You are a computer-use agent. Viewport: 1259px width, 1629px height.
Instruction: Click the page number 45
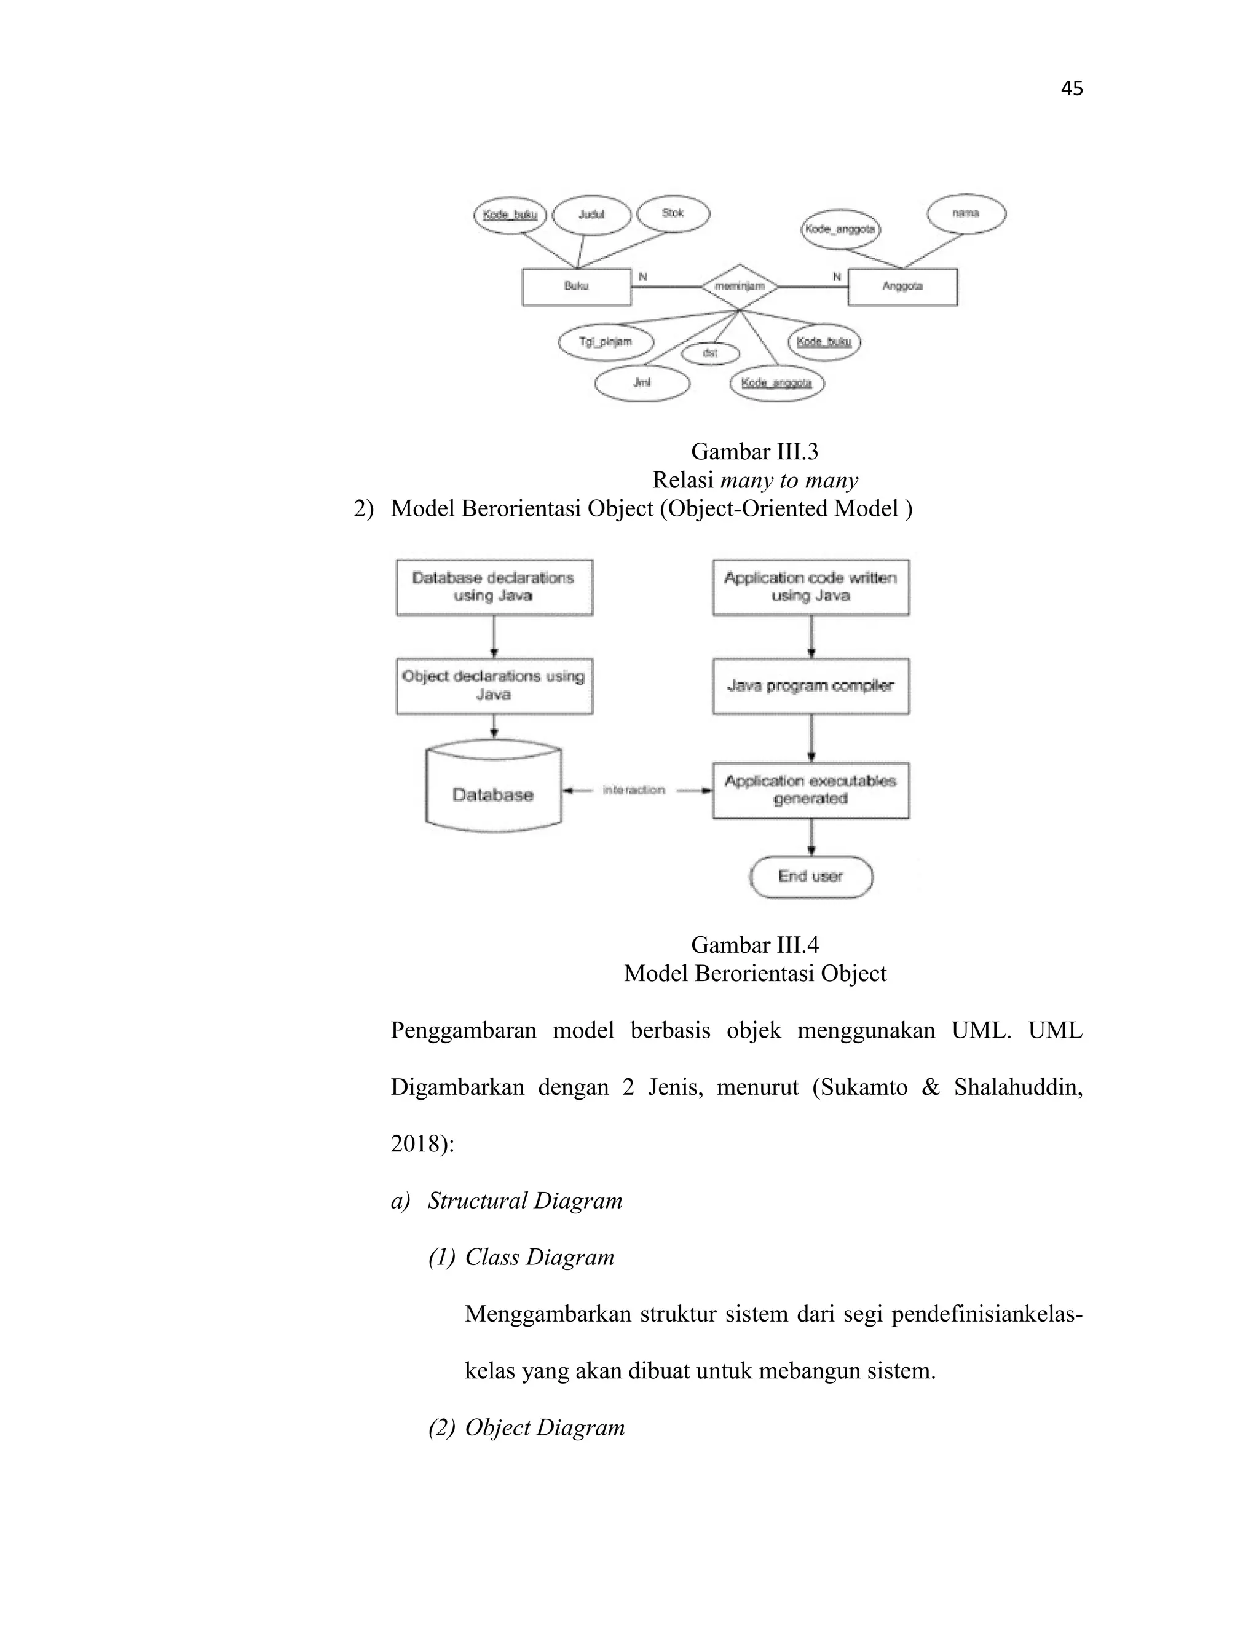[1071, 89]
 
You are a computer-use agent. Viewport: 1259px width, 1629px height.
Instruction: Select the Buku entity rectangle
[577, 286]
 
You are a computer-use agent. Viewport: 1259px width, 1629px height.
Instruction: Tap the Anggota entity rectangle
[902, 286]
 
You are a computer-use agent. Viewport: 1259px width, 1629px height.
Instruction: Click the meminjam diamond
[739, 286]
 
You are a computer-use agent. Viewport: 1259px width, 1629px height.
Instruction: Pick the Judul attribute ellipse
[591, 215]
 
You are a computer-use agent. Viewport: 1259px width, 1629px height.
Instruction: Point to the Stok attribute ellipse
[673, 213]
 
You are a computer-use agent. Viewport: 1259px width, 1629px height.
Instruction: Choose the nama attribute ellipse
[966, 213]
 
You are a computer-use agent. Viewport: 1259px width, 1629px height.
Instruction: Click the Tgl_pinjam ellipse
[606, 342]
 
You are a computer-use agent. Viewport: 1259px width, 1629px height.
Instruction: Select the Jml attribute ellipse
[641, 382]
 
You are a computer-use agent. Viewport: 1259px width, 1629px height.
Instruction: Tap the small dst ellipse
[710, 353]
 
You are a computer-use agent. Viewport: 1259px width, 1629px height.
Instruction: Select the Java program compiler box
[810, 686]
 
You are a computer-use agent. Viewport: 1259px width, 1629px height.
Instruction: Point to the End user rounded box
[811, 877]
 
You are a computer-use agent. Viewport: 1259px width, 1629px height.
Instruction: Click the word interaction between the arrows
[633, 790]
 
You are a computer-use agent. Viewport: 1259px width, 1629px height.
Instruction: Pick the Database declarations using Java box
[494, 587]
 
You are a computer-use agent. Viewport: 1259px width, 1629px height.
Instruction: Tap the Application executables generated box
[810, 790]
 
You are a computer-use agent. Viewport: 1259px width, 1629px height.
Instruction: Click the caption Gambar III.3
[754, 451]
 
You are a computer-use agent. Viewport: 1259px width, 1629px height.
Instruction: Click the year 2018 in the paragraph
[417, 1143]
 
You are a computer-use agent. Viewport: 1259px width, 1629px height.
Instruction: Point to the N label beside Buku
[643, 277]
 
